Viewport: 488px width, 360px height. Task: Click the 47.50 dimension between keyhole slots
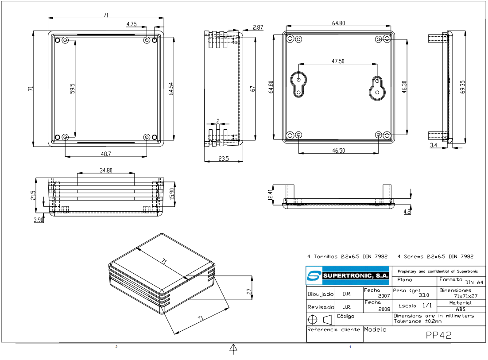point(338,61)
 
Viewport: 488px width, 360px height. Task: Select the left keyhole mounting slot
point(299,83)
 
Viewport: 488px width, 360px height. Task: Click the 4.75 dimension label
point(131,24)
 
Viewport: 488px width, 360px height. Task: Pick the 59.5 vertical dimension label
point(72,88)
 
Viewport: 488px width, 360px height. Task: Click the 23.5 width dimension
point(224,158)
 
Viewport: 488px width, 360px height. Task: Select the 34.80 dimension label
point(106,170)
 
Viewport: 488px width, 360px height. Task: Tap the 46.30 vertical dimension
point(404,86)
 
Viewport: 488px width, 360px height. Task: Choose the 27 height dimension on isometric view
point(249,291)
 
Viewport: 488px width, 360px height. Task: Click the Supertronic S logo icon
point(314,276)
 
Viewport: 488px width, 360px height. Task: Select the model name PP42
point(438,335)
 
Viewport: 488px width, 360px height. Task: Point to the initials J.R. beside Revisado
point(347,306)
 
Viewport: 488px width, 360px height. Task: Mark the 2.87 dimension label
point(258,27)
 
